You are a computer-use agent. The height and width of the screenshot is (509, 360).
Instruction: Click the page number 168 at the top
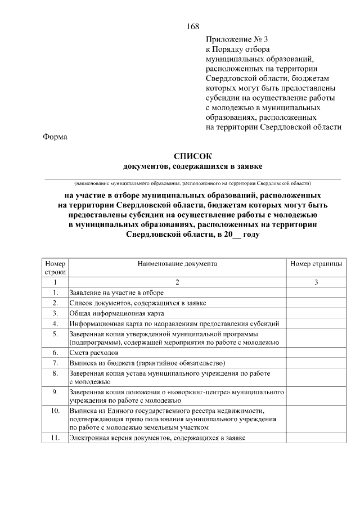[x=192, y=27]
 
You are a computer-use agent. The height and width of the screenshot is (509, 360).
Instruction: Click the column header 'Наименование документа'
[x=177, y=263]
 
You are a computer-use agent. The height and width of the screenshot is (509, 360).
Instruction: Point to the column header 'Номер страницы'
[x=316, y=263]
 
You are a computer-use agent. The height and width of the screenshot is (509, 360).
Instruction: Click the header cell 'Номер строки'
[x=55, y=268]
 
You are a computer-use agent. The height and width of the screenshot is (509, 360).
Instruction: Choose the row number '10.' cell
[x=55, y=411]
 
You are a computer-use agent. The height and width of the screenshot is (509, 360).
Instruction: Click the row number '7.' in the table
[x=55, y=363]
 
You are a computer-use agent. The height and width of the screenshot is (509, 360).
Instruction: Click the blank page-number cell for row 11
[x=316, y=438]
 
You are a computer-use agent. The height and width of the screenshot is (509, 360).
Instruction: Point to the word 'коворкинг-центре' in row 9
[x=202, y=391]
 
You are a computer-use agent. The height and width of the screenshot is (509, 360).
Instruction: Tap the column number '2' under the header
[x=177, y=282]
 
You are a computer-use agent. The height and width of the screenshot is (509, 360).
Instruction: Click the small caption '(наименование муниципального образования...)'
[x=192, y=183]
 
